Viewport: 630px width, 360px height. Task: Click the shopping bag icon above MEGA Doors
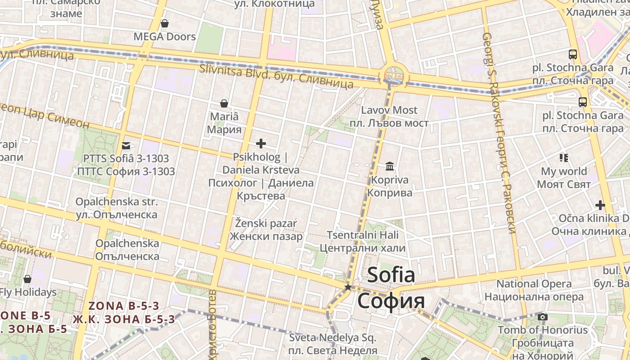tap(165, 23)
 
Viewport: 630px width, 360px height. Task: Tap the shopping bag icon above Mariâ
tap(224, 103)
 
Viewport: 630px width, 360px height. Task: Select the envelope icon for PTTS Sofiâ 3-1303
tap(126, 145)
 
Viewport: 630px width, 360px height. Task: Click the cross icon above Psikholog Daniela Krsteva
tap(261, 144)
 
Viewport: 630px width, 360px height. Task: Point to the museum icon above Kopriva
tap(390, 166)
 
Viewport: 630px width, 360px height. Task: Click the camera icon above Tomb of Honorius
tap(543, 317)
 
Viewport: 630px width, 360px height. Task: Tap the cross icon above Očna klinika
tap(600, 205)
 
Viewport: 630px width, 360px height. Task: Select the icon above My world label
tap(564, 157)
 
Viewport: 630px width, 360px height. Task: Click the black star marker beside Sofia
tap(348, 287)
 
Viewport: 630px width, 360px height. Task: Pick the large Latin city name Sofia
tap(391, 275)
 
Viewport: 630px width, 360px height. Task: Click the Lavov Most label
tap(389, 110)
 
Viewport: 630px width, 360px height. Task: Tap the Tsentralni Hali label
tap(363, 235)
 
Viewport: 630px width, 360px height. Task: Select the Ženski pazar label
tap(266, 223)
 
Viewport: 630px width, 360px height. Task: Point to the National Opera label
tap(534, 284)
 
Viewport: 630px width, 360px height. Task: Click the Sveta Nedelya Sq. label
tap(333, 337)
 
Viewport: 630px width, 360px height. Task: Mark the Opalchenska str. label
tap(117, 202)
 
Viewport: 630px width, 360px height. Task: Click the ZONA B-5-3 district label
tap(124, 306)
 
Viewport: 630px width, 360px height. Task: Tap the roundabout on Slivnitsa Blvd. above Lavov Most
tap(394, 74)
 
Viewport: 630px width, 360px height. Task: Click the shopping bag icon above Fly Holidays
tap(27, 279)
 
